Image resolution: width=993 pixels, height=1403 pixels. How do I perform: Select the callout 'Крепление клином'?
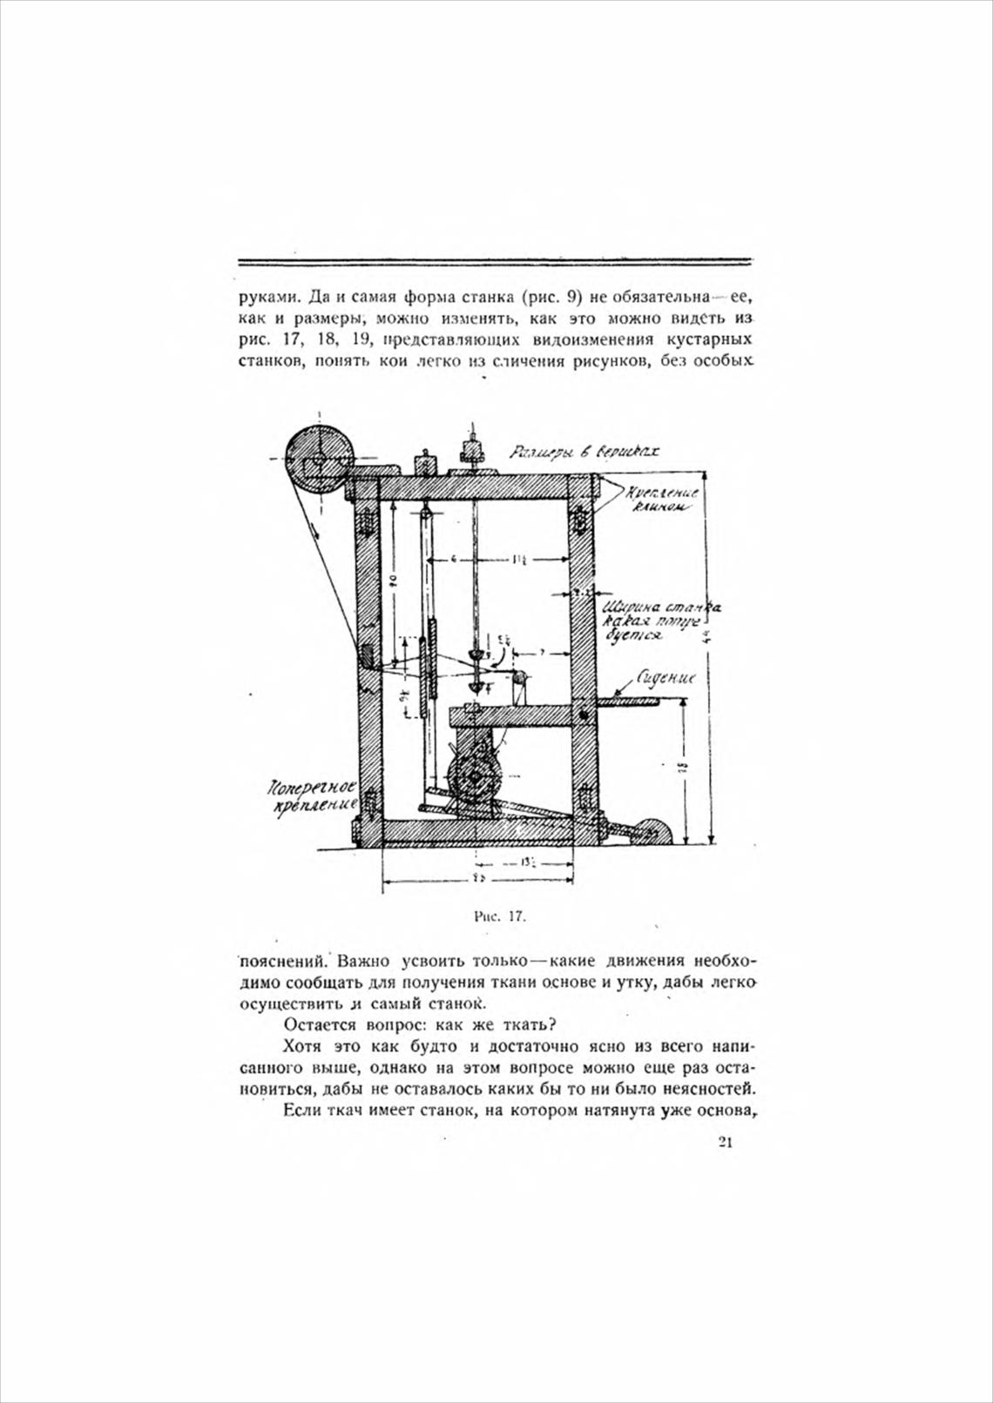[661, 499]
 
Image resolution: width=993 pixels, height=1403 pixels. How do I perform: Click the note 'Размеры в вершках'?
[583, 453]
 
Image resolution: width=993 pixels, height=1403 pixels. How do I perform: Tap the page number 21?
[725, 1143]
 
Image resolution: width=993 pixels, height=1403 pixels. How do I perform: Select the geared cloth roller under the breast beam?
[474, 777]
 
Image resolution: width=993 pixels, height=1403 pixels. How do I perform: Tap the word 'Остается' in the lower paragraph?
[315, 1023]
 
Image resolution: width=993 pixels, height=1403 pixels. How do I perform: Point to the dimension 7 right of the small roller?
[542, 651]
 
